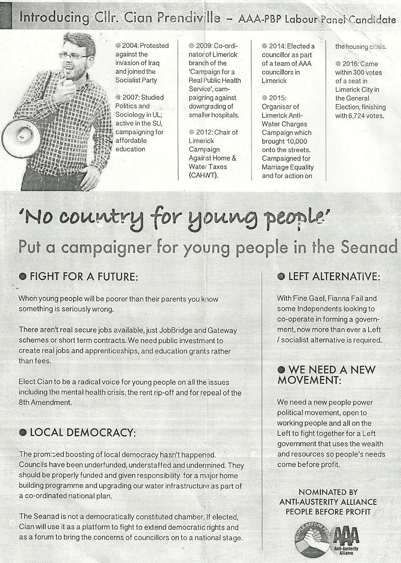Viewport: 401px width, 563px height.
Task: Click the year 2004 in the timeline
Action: [130, 46]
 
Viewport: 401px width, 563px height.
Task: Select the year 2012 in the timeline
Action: [204, 132]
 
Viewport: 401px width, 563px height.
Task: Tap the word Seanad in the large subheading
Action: [369, 247]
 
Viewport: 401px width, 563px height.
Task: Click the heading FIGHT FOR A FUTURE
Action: [84, 277]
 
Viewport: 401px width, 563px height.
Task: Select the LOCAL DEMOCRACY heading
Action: [82, 432]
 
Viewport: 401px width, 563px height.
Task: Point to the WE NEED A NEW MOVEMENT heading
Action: [326, 375]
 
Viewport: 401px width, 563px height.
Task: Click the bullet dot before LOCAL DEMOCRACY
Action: [23, 433]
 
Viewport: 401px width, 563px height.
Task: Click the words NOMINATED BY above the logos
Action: [328, 492]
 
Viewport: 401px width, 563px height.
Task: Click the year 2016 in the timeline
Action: [351, 64]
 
